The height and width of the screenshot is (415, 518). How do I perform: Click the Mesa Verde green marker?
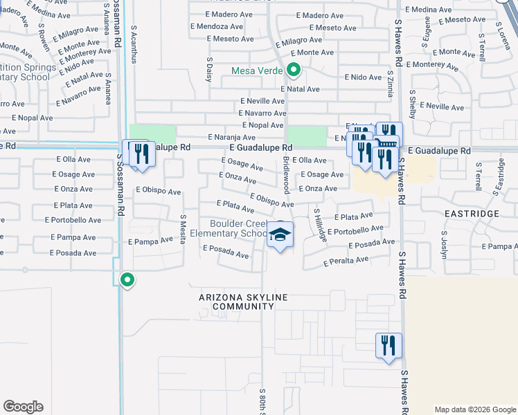(294, 69)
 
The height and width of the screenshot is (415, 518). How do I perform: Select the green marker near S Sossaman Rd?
(127, 280)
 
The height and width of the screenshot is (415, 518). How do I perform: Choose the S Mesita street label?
(183, 228)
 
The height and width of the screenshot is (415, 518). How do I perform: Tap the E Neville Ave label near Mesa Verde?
(262, 100)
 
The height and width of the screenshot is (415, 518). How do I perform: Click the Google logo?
(23, 407)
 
